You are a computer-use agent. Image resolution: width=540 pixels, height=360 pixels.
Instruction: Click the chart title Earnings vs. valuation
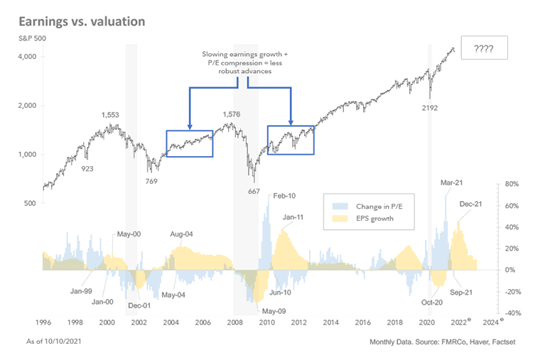(x=90, y=21)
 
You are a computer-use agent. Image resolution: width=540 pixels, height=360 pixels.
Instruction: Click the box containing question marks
(x=484, y=48)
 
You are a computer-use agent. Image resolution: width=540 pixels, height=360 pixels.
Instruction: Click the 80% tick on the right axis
(x=511, y=184)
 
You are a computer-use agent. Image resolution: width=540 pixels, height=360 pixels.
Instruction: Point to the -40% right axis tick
(x=511, y=313)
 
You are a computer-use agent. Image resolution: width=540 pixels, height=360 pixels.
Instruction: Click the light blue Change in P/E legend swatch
(x=340, y=205)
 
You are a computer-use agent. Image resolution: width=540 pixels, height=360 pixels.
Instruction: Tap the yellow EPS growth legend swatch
(x=340, y=219)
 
